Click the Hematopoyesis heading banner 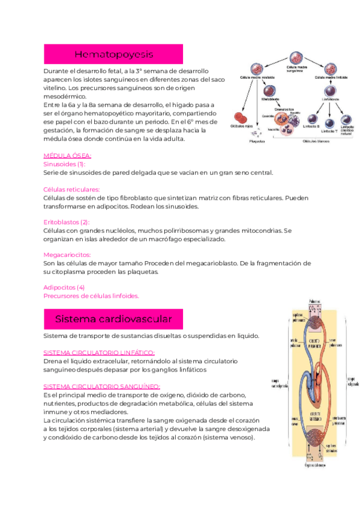pos(114,55)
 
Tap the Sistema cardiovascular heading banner pos(113,318)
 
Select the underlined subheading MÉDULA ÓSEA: pos(67,155)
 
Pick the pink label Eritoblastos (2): pos(67,221)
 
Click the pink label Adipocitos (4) pos(64,287)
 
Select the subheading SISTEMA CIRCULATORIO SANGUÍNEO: pos(102,387)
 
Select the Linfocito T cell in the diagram pos(329,121)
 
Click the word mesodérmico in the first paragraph pos(65,96)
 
